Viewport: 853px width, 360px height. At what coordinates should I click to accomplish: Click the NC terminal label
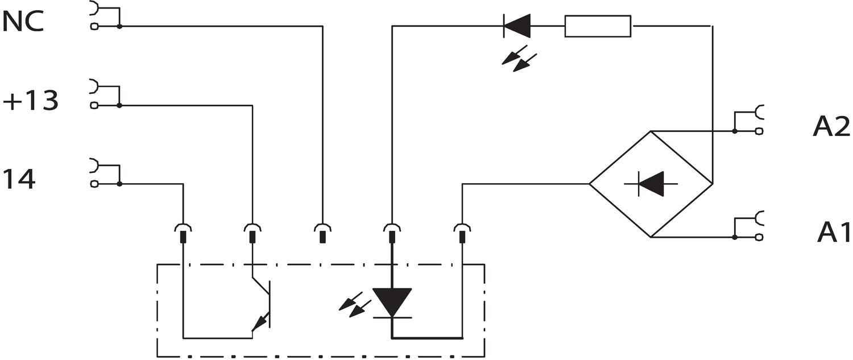click(23, 23)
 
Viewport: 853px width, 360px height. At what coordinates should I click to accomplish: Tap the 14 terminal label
click(19, 179)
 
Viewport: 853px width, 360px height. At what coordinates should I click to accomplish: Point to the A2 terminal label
click(831, 128)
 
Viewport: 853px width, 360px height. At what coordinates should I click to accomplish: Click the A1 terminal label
click(834, 232)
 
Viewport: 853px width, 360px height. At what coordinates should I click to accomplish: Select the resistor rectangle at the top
click(598, 26)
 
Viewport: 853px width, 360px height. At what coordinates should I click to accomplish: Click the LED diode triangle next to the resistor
click(517, 26)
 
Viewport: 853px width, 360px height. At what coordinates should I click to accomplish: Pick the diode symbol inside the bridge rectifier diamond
click(652, 184)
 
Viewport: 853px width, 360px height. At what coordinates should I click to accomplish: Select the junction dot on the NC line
click(119, 26)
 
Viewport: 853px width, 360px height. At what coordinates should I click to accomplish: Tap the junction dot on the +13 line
click(119, 105)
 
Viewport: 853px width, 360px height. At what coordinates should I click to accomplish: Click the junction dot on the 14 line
click(119, 184)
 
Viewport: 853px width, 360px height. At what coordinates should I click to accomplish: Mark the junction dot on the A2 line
click(735, 131)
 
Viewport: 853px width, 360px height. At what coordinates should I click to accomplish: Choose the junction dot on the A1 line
click(735, 237)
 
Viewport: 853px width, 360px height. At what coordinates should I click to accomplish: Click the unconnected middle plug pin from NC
click(322, 233)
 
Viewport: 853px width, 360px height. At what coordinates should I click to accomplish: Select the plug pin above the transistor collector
click(252, 233)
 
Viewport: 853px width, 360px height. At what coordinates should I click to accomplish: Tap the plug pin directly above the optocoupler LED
click(392, 233)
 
